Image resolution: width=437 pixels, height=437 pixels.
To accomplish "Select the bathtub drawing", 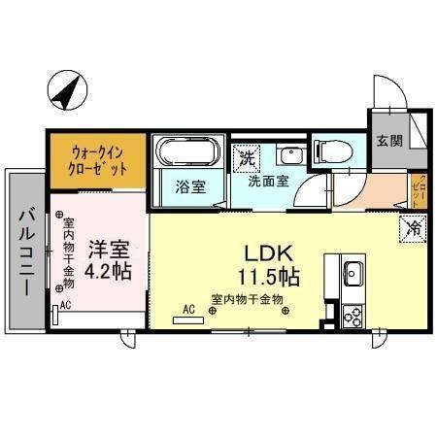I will [x=188, y=151].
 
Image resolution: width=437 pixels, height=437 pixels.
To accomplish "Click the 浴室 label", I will [x=188, y=186].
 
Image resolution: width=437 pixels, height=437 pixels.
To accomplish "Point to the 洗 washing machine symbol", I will [x=247, y=155].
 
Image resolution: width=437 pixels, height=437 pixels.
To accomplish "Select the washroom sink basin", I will [x=288, y=155].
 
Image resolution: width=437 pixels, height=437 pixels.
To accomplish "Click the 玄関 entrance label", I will [x=389, y=140].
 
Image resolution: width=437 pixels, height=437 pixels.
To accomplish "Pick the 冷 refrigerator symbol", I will [x=413, y=230].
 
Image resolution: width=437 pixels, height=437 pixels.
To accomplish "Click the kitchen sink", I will [x=353, y=271].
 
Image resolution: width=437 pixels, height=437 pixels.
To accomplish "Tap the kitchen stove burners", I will [x=353, y=314].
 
